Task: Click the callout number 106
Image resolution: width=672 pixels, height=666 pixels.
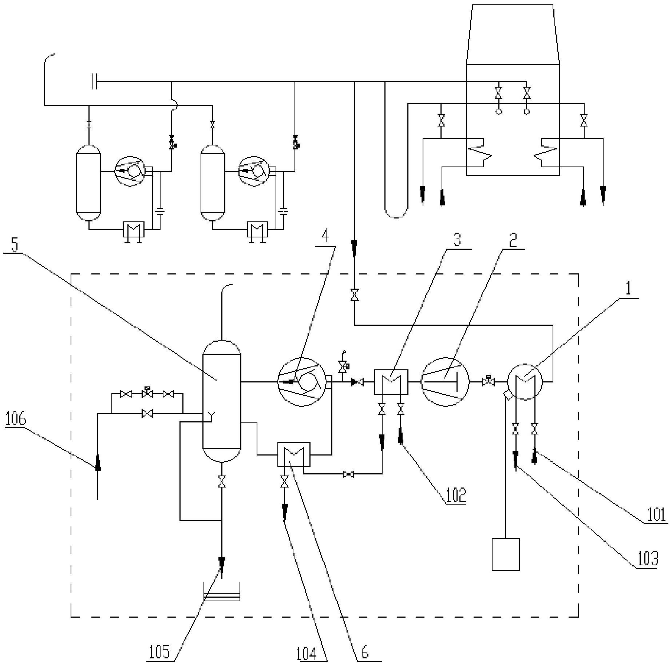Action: tap(16, 419)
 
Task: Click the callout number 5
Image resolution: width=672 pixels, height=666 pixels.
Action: tap(14, 245)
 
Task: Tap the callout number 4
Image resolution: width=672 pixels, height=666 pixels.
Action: tap(325, 236)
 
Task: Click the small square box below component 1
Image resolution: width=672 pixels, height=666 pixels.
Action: tap(506, 554)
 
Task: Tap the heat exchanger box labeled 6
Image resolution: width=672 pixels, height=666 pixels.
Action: tap(294, 454)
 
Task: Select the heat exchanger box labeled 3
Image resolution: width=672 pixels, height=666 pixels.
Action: tap(391, 382)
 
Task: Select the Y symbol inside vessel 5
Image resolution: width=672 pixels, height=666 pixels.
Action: tap(211, 415)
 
